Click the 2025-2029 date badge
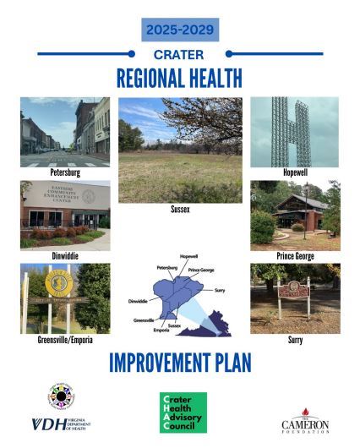click(179, 30)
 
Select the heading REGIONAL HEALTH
click(179, 78)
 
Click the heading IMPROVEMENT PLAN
click(179, 362)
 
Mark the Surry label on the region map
click(218, 289)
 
